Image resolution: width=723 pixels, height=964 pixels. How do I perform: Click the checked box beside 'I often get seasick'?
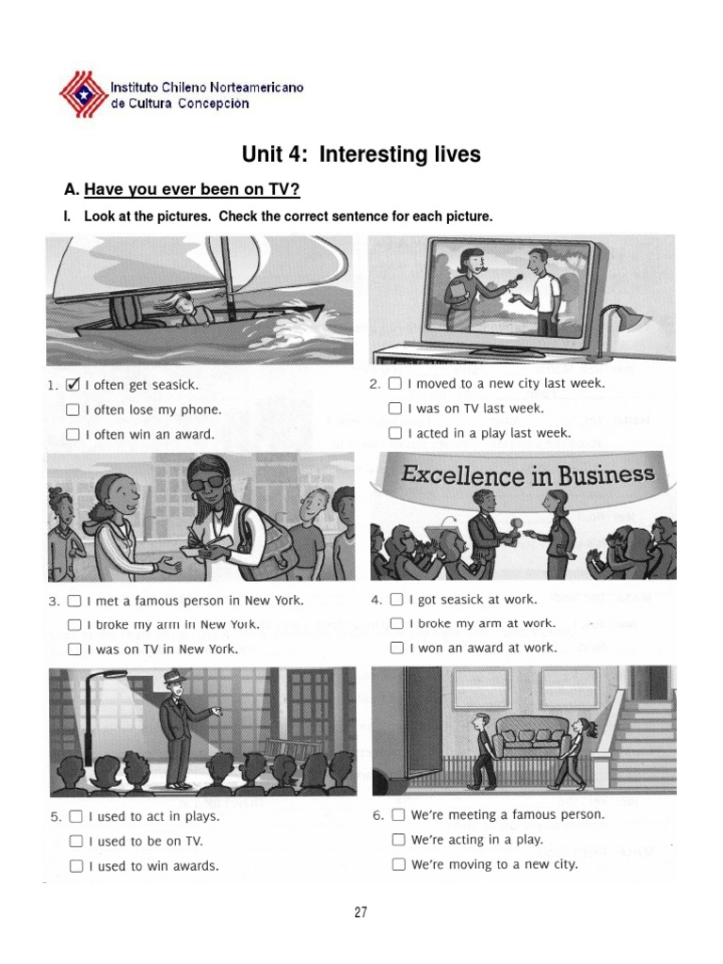point(72,385)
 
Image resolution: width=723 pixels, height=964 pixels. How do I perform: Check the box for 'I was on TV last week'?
point(394,409)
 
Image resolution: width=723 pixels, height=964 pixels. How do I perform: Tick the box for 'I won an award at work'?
point(397,648)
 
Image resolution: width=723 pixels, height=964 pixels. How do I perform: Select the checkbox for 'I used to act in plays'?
point(75,816)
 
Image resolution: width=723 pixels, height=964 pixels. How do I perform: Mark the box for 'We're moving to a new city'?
point(399,864)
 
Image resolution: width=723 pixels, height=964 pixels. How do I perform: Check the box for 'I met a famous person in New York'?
point(73,601)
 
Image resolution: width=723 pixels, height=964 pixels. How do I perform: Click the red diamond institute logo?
point(84,94)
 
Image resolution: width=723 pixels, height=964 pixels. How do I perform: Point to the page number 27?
point(361,911)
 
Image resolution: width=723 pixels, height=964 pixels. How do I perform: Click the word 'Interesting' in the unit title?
point(399,153)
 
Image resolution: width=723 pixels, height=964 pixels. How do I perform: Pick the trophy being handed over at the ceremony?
point(514,529)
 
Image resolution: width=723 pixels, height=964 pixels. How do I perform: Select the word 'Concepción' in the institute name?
point(214,104)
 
